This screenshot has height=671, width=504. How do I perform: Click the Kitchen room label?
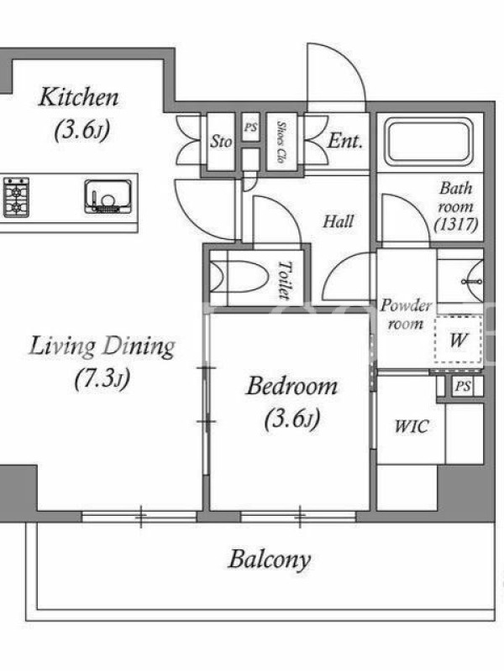[x=78, y=97]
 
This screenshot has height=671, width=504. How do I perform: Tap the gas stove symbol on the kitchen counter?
[x=16, y=198]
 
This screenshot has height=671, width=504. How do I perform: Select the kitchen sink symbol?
[x=108, y=196]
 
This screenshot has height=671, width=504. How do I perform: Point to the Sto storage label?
[x=221, y=141]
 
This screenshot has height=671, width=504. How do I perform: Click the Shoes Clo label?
[x=281, y=142]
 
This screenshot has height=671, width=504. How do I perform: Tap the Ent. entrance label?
[x=345, y=141]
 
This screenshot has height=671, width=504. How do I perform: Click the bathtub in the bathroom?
[x=429, y=142]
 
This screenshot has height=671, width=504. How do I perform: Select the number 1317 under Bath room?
[x=455, y=224]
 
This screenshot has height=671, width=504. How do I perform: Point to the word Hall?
[x=339, y=221]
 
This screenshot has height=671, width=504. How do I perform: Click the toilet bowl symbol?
[x=239, y=277]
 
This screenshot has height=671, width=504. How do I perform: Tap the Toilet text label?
[x=284, y=280]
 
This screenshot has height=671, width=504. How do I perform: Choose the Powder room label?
[x=406, y=315]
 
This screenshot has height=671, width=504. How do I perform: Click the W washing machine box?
[x=458, y=341]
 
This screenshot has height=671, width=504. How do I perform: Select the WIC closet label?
[x=411, y=426]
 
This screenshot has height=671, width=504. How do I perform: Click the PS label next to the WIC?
[x=463, y=387]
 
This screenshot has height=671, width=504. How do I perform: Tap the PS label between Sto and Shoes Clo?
[x=250, y=127]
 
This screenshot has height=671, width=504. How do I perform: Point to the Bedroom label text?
[x=291, y=386]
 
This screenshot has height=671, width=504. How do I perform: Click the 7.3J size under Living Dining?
[x=102, y=379]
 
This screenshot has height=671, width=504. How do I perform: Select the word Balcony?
[x=269, y=559]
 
